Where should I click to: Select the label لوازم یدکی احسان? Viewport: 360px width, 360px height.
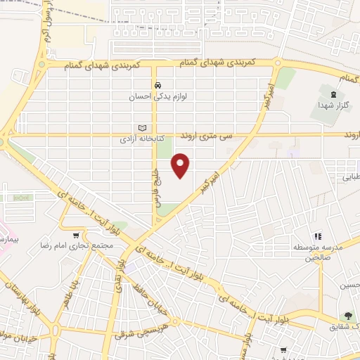coord(157,96)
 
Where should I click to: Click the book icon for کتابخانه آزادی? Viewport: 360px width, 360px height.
coord(143,128)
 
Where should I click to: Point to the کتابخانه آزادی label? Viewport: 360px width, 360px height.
coord(143,139)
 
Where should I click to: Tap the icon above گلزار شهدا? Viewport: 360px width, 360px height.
coord(333,94)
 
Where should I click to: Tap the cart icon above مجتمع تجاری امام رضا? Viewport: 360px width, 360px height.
coord(76,235)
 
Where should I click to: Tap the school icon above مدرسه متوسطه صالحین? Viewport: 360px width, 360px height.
coord(318,236)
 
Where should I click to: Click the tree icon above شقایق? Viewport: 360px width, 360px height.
coord(348,317)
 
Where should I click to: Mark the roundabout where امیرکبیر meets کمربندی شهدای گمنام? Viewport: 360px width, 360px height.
coord(279,64)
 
